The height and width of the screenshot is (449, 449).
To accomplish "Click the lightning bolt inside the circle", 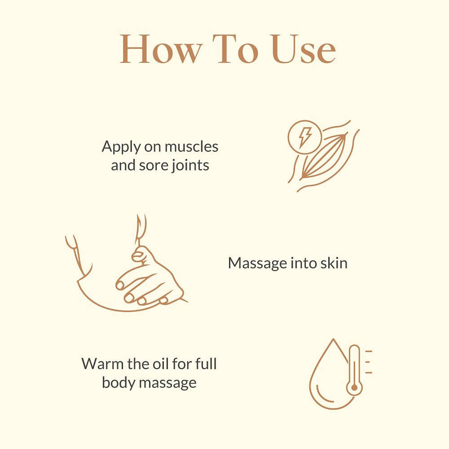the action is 305,137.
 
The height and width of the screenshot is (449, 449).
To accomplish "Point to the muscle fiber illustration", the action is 324,156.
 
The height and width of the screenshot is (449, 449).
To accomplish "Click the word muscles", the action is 191,147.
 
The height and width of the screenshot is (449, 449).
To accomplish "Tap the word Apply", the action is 121,147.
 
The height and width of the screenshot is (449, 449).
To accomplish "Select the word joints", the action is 190,166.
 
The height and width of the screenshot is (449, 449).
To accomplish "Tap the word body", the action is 118,383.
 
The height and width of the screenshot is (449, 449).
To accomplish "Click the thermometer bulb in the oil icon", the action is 354,387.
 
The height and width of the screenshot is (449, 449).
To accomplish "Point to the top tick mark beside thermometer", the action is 369,351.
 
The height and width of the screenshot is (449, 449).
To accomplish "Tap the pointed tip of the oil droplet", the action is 333,339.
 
